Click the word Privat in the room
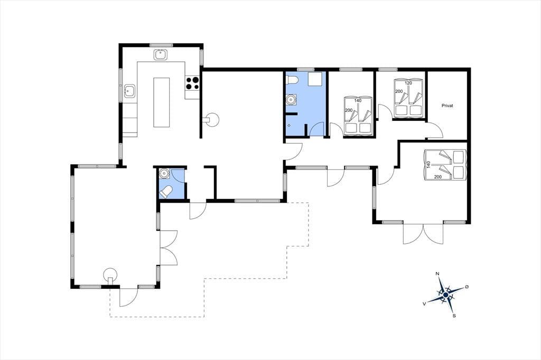tap(447, 106)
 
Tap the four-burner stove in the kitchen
tap(192, 83)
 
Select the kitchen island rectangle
tap(162, 102)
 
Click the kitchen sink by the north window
tap(161, 55)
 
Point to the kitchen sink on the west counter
tap(130, 91)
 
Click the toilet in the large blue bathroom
tap(292, 80)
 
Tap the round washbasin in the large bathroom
tap(292, 100)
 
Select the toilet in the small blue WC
tap(166, 192)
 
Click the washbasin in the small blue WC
tap(164, 174)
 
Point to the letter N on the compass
tap(437, 274)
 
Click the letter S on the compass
tap(454, 315)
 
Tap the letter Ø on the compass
tap(467, 287)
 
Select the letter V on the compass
tap(424, 304)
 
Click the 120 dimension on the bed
tap(408, 83)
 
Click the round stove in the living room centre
tap(212, 120)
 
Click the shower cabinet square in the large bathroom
tap(315, 79)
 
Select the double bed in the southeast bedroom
tap(445, 165)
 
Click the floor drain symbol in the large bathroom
tap(289, 126)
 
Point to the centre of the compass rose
tap(446, 295)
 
